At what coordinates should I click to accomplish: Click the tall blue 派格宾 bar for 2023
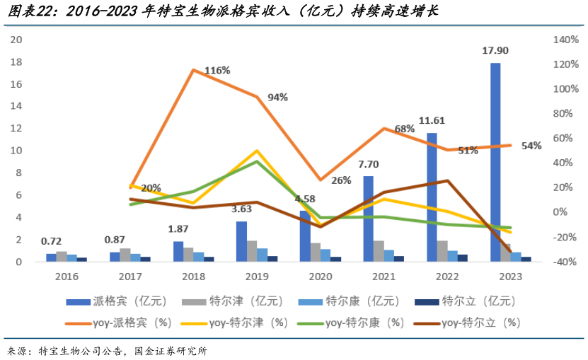[x=495, y=162]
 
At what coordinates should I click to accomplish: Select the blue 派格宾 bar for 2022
[x=432, y=197]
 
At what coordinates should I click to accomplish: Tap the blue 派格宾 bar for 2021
[x=368, y=219]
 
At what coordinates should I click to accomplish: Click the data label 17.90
[x=495, y=51]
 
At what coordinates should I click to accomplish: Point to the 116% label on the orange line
[x=217, y=71]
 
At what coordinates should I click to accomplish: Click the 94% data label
[x=277, y=98]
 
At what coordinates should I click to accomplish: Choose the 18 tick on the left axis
[x=15, y=62]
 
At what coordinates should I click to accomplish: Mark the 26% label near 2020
[x=341, y=180]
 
